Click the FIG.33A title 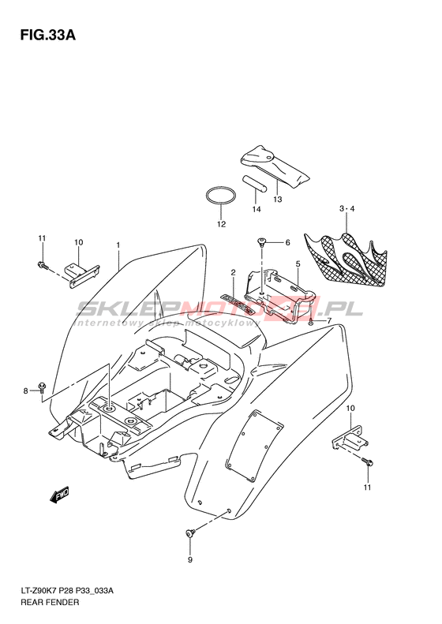(x=48, y=35)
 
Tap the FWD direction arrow (x=60, y=495)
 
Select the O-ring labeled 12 (x=221, y=196)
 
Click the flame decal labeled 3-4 (x=346, y=259)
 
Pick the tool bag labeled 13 (x=275, y=166)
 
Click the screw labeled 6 (x=261, y=241)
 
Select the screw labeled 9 (x=191, y=532)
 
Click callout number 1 (x=118, y=245)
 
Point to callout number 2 (x=234, y=272)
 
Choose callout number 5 (x=298, y=263)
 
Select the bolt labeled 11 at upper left (x=43, y=265)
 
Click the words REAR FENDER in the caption (x=51, y=602)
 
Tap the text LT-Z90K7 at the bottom (x=38, y=591)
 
